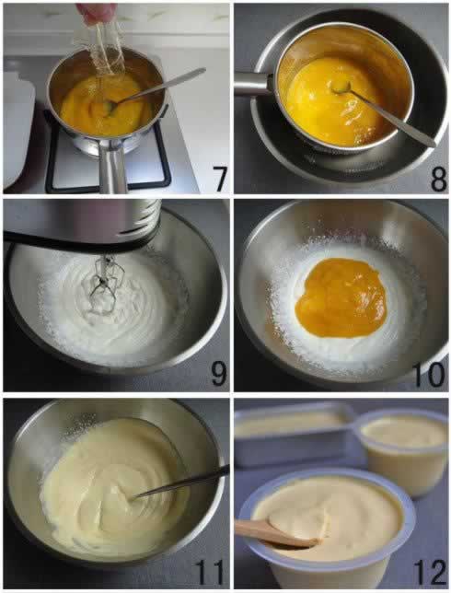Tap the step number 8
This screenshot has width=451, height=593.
click(438, 180)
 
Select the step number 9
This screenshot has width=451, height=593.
click(218, 374)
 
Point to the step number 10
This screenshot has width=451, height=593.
click(430, 375)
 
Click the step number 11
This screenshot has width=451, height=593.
click(208, 572)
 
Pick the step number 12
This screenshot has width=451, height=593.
click(430, 572)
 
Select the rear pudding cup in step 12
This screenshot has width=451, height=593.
click(402, 450)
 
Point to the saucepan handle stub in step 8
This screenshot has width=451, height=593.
click(253, 84)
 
